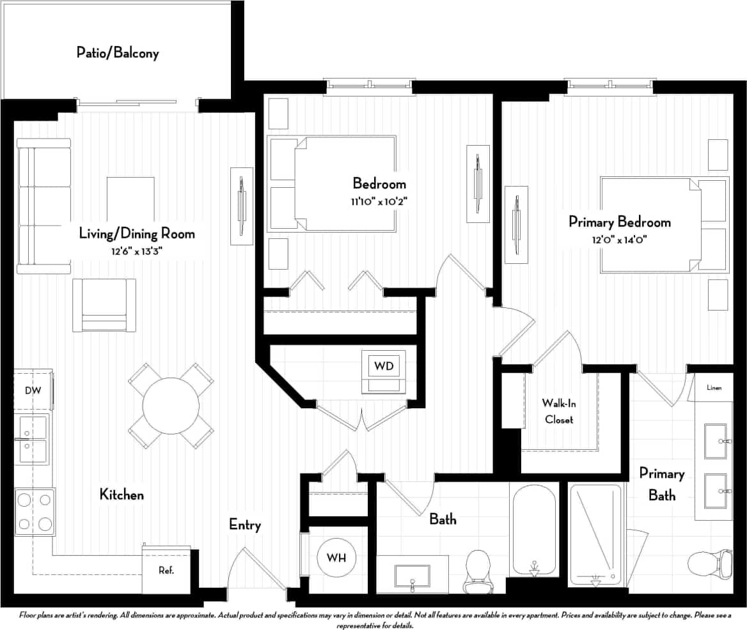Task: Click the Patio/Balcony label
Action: (x=117, y=52)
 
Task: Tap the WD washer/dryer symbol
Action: (x=383, y=367)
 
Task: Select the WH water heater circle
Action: (x=336, y=558)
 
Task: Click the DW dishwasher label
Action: (x=33, y=390)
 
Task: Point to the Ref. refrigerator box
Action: (x=166, y=570)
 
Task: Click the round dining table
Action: (x=171, y=406)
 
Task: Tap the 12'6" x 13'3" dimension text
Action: (x=136, y=251)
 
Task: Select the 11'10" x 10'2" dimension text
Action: (x=379, y=201)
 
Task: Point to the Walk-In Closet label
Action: (x=558, y=411)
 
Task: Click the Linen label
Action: (x=714, y=388)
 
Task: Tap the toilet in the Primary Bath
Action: (x=709, y=564)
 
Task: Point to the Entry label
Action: (x=245, y=525)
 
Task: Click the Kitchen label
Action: (x=122, y=494)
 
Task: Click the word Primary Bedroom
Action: (x=619, y=222)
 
